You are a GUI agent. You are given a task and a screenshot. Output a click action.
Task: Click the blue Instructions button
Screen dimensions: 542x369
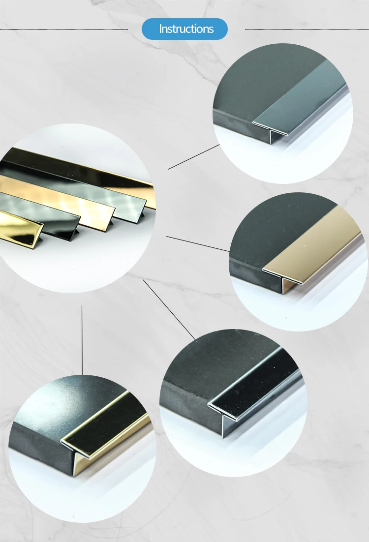point(184,29)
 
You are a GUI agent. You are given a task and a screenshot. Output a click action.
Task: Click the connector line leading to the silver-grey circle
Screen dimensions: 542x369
point(193,157)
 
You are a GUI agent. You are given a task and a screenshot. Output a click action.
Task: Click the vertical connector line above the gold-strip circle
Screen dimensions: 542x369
point(82,339)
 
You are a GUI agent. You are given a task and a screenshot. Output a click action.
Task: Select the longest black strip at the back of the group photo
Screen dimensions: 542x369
point(74,167)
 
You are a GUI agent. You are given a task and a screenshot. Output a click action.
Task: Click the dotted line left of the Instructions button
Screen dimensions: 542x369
point(64,29)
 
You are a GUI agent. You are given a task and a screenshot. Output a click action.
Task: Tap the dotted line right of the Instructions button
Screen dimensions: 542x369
point(305,29)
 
